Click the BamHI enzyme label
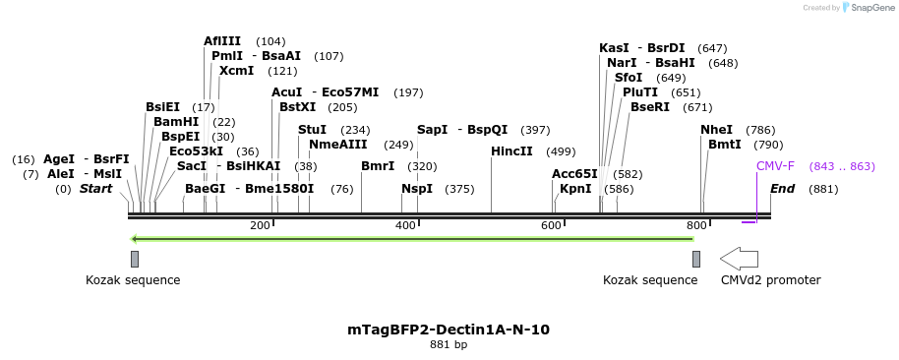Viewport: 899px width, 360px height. click(176, 122)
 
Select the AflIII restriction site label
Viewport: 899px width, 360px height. click(222, 41)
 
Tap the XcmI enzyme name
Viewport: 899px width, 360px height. click(236, 71)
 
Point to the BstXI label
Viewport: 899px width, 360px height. click(298, 107)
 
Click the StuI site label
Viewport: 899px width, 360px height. click(312, 130)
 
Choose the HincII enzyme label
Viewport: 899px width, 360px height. click(511, 151)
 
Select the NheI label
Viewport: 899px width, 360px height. click(717, 130)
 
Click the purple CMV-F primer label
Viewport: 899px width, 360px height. click(775, 166)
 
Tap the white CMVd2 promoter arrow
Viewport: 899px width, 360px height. click(739, 259)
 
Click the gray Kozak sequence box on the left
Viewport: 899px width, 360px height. click(135, 259)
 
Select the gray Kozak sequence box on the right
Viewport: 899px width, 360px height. click(696, 259)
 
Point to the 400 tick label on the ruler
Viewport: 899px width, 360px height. click(404, 226)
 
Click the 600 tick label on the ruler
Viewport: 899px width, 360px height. click(551, 226)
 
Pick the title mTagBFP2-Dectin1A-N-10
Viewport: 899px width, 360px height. click(449, 330)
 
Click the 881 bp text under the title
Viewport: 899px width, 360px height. click(449, 345)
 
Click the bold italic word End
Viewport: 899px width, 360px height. click(782, 189)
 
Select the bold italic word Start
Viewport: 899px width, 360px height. click(95, 189)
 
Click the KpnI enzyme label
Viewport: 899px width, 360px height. click(575, 189)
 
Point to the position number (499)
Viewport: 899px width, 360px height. click(561, 151)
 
